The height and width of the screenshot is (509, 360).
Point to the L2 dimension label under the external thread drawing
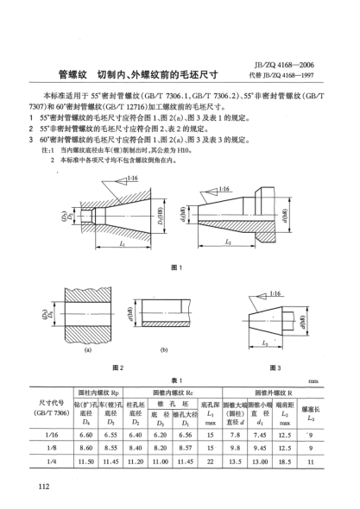[x=228, y=242]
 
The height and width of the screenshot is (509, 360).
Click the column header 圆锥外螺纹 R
[x=270, y=380]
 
